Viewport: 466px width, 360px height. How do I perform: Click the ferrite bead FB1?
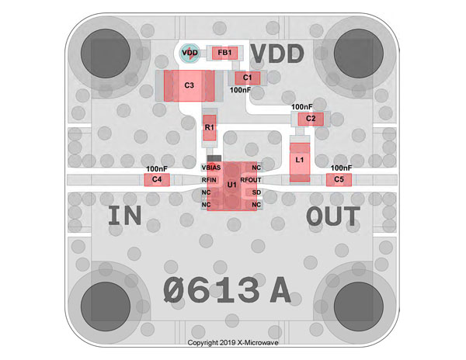coord(224,53)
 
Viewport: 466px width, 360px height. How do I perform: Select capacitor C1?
coord(248,78)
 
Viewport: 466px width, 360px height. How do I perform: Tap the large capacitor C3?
coord(189,86)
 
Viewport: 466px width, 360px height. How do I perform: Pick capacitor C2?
coord(311,119)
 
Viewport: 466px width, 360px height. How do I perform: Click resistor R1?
coord(210,127)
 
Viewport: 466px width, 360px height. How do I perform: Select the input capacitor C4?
coord(157,179)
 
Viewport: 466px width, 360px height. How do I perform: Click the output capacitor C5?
coord(339,179)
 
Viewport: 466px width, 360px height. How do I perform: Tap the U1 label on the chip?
coord(231,185)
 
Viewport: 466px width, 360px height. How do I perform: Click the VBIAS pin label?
coord(211,168)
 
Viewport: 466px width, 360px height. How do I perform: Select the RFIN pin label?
coord(209,180)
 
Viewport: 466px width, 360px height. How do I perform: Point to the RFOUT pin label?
coord(251,180)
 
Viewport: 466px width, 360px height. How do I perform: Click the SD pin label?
coord(256,192)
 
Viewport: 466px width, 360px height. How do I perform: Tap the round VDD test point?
coord(190,53)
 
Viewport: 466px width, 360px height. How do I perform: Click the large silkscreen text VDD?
coord(277,54)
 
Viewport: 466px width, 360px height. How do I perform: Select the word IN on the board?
coord(124,216)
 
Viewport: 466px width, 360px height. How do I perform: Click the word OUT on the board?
coord(333,216)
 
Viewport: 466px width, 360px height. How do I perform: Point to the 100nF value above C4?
coord(157,169)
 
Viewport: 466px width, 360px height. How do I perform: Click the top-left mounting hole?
coord(106,54)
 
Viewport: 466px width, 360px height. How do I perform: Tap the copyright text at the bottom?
coord(233,343)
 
